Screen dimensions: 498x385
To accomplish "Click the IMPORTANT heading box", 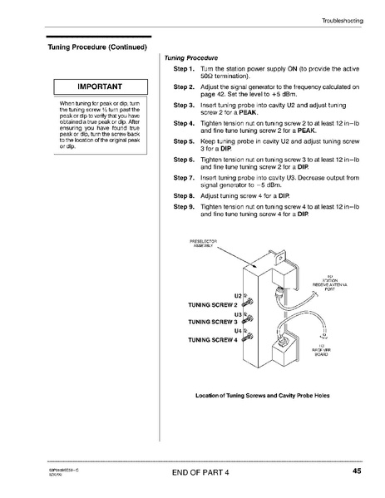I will click(x=100, y=86).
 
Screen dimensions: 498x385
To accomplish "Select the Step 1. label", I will click(x=183, y=67).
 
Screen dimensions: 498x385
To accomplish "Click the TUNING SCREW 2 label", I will click(x=212, y=305).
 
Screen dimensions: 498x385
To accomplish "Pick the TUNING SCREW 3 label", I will click(x=212, y=322).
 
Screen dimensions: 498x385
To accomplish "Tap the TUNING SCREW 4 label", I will click(x=212, y=339).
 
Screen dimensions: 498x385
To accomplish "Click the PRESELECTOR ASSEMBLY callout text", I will click(x=204, y=244).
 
